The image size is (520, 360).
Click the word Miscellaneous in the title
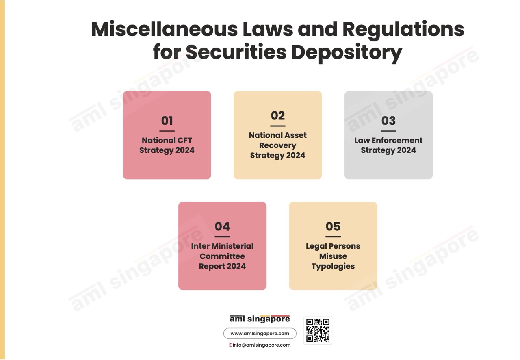coord(165,29)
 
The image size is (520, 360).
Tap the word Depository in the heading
coord(347,53)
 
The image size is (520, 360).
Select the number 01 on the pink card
coord(167,121)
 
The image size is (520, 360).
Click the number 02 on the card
coord(277,116)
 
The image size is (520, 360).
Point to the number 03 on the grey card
coord(388,121)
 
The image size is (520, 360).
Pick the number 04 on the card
coord(222,226)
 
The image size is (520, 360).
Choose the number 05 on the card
coord(333,226)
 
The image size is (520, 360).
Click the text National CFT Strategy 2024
coord(167,145)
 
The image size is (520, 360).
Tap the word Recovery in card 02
coord(277,145)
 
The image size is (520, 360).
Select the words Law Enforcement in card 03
coord(388,140)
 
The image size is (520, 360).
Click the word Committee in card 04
coord(222,256)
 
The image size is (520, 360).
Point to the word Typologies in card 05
coord(333,267)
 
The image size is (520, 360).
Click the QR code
coord(318,330)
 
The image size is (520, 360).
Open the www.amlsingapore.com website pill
coord(260,334)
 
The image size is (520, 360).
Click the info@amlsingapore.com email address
coord(261,345)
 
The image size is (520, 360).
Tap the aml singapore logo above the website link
coord(260,319)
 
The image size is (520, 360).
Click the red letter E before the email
coord(230,345)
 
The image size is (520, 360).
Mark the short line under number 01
coord(167,131)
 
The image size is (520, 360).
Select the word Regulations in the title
coord(403,30)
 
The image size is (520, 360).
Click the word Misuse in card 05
coord(333,256)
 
